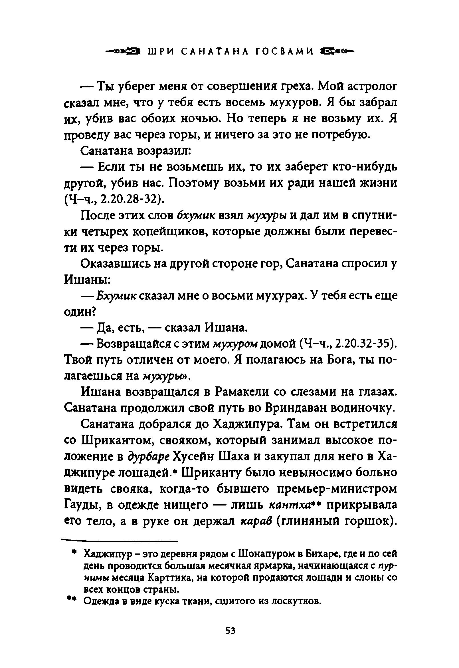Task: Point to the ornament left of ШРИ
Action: pos(124,51)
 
